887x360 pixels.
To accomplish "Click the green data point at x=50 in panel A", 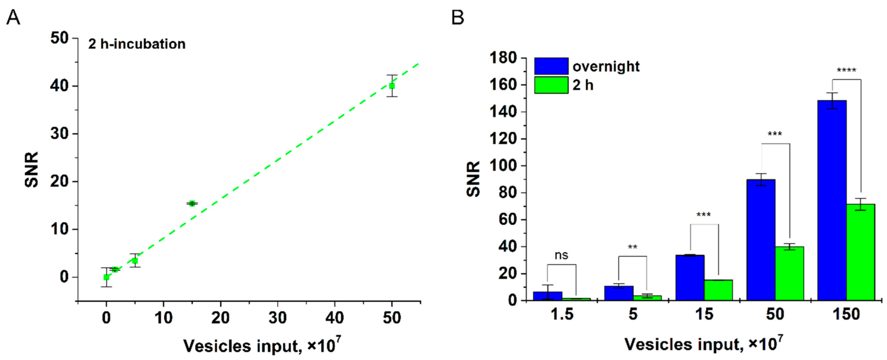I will click(x=392, y=86).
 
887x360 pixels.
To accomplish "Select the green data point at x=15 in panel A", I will click(x=192, y=203).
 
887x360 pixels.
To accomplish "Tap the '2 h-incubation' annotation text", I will click(x=137, y=44).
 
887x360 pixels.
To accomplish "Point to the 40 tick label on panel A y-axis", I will click(x=59, y=86).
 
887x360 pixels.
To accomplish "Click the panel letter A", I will click(x=13, y=17).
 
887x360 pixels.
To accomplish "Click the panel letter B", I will click(x=457, y=17).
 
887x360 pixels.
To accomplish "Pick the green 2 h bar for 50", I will click(x=789, y=274).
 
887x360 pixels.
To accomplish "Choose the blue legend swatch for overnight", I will click(x=551, y=66).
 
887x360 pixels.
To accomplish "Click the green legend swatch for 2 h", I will click(x=551, y=85).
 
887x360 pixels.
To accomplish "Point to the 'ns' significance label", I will click(x=561, y=255).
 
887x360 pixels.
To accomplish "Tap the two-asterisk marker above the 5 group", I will click(x=632, y=247).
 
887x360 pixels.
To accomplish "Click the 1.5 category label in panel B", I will click(x=562, y=314).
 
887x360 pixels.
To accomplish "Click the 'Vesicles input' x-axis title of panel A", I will click(x=262, y=345).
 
